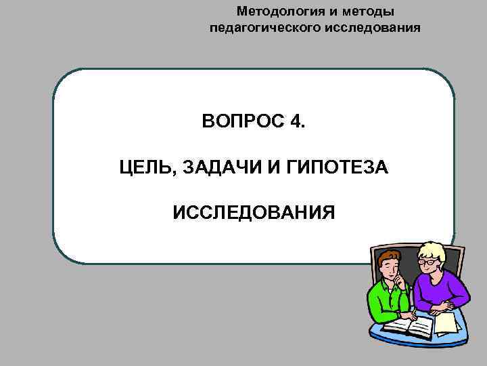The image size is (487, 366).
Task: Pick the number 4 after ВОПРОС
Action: coord(297,123)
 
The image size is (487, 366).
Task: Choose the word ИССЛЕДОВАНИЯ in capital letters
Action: coord(254,213)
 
